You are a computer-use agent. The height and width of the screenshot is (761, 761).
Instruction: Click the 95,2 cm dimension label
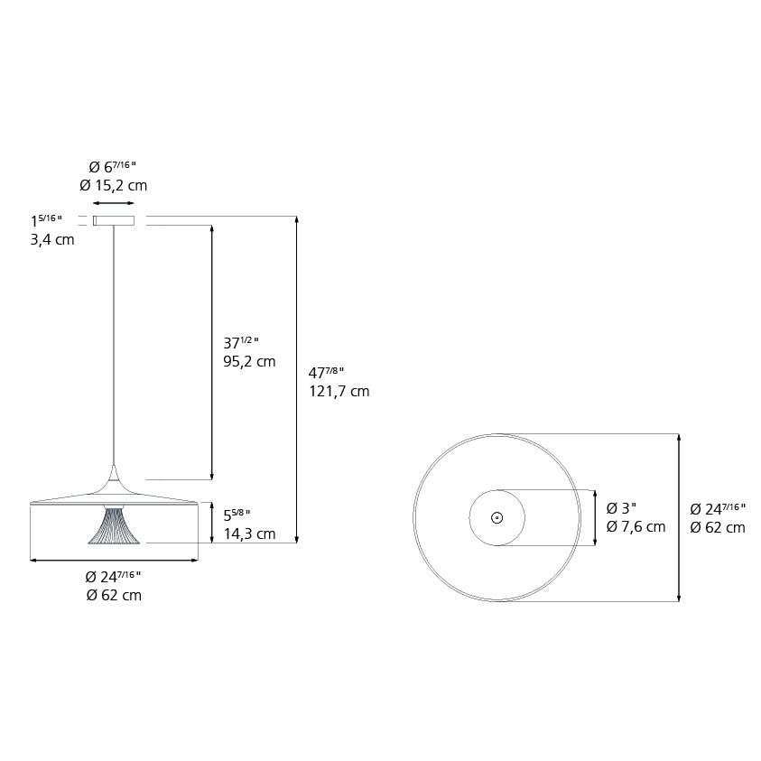pos(249,362)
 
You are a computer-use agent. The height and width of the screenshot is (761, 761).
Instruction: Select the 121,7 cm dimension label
pos(339,391)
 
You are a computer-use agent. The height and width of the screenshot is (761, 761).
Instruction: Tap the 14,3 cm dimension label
pos(249,534)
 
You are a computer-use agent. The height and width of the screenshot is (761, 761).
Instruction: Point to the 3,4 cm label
pos(52,240)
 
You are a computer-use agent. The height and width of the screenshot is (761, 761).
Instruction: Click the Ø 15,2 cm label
pos(113,185)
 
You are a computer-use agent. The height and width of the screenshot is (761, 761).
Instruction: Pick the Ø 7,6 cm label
pos(636,526)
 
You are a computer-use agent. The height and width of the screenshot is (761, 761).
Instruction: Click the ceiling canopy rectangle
pos(114,221)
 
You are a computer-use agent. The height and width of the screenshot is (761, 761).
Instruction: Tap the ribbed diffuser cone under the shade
pos(114,525)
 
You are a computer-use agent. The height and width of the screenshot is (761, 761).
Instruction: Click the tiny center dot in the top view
pos(497,518)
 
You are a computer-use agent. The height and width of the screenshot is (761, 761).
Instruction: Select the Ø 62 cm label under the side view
pos(114,595)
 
